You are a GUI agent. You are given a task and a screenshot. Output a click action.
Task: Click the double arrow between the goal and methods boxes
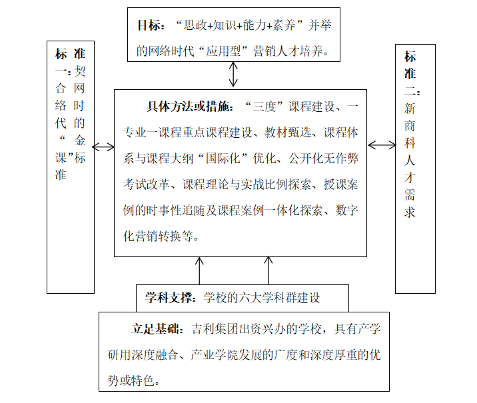point(233,74)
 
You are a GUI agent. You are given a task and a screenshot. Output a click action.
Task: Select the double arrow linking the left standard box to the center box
point(104,147)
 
